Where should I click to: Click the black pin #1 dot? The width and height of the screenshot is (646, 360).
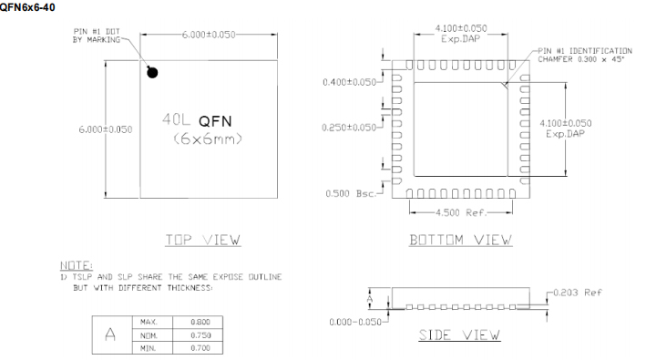[152, 71]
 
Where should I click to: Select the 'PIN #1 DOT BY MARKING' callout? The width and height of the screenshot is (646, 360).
[97, 36]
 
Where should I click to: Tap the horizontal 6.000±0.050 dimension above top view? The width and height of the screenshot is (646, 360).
[210, 34]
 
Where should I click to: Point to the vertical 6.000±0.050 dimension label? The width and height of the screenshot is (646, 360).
[106, 129]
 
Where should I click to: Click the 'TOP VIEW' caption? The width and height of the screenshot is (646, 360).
[202, 240]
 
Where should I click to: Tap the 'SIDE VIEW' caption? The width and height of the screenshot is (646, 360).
[459, 334]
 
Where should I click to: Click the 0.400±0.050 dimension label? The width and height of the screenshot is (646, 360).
[349, 83]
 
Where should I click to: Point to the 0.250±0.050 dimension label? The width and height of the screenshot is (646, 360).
[349, 128]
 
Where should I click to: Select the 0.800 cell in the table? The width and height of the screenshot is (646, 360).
[200, 323]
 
